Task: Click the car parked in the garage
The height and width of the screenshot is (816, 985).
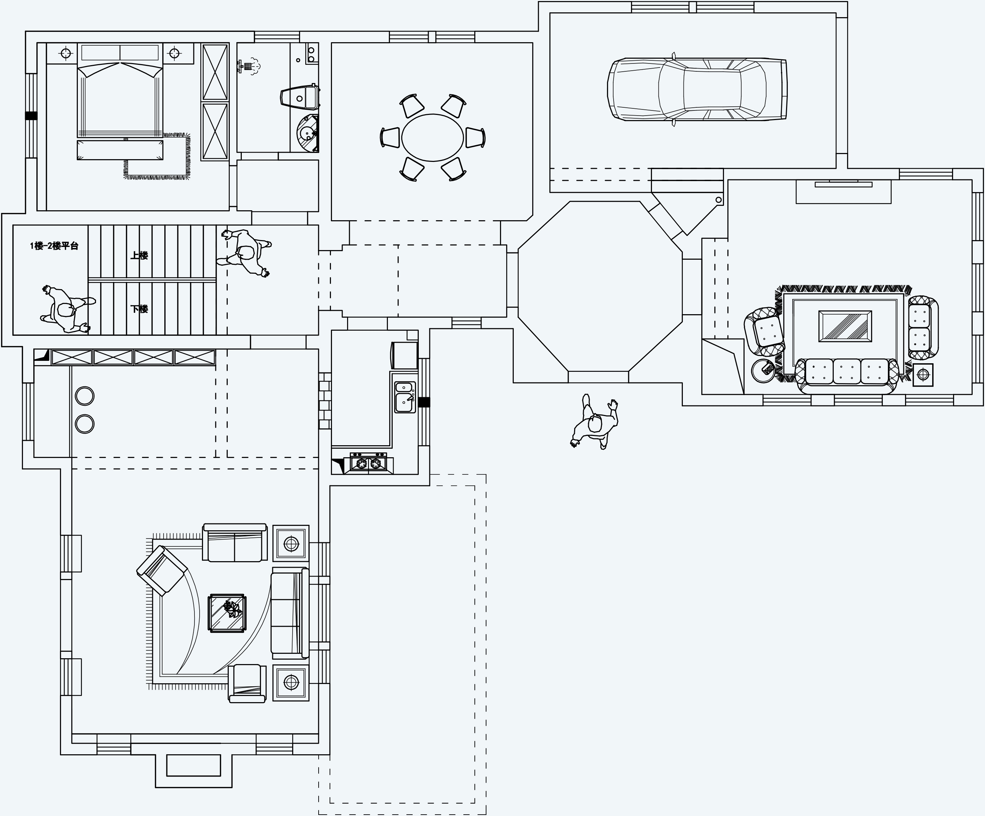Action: [697, 89]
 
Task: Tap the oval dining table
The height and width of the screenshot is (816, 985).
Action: [432, 138]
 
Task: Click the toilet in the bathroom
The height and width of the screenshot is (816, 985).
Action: [300, 97]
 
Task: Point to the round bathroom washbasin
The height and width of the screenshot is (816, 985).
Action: [307, 133]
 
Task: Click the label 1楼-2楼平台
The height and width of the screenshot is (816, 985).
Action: [54, 246]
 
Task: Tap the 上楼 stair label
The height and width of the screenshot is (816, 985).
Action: [139, 256]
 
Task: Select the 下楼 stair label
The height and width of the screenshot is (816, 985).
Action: [139, 309]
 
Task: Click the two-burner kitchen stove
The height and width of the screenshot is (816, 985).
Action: [368, 463]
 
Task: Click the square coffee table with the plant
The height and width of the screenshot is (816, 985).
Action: [227, 613]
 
